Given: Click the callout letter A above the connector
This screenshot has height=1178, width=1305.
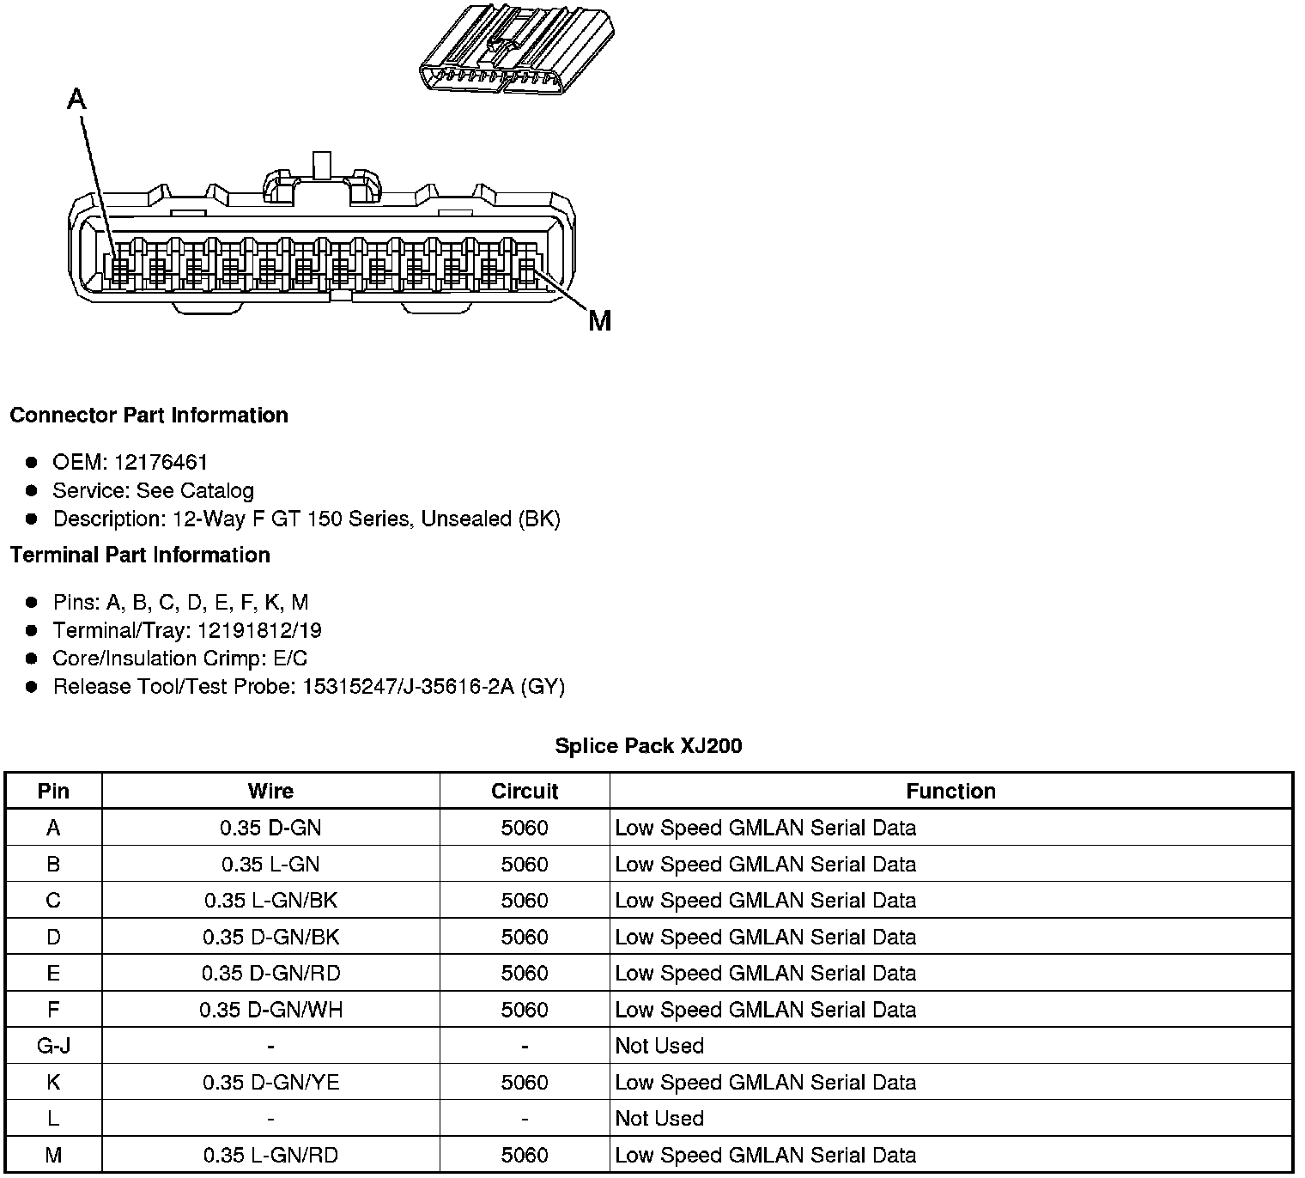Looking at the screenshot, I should pos(76,100).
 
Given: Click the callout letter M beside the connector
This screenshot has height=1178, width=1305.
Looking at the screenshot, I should pos(600,321).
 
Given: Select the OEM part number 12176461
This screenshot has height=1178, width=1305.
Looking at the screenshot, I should pos(161,463).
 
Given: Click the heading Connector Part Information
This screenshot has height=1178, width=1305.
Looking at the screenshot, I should pos(149,416).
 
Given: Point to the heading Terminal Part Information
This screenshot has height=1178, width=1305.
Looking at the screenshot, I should pos(140,556).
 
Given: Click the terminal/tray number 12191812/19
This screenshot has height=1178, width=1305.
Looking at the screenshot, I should pos(259,631).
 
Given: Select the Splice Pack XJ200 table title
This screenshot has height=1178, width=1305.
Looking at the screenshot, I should pos(648,746).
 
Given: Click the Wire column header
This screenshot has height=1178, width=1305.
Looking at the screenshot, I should pos(270,792).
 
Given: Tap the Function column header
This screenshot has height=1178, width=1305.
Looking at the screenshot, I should pos(950,792).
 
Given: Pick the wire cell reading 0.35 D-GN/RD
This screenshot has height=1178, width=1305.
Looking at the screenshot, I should pos(270,974).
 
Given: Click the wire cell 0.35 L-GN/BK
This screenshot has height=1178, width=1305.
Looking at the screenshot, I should pos(270,901).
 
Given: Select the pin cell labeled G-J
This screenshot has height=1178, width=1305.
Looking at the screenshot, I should pos(53,1047).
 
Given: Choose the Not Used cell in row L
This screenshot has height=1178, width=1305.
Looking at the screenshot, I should pos(659,1119).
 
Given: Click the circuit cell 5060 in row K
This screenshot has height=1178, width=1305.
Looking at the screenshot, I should pos(525,1083).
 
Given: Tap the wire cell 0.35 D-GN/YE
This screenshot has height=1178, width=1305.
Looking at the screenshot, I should pos(270,1083).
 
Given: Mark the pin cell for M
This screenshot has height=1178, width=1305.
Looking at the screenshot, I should pos(53,1156).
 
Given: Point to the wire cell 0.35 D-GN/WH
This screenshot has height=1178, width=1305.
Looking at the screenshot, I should pos(270,1011).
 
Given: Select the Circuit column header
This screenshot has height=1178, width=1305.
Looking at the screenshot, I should pos(525,792).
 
